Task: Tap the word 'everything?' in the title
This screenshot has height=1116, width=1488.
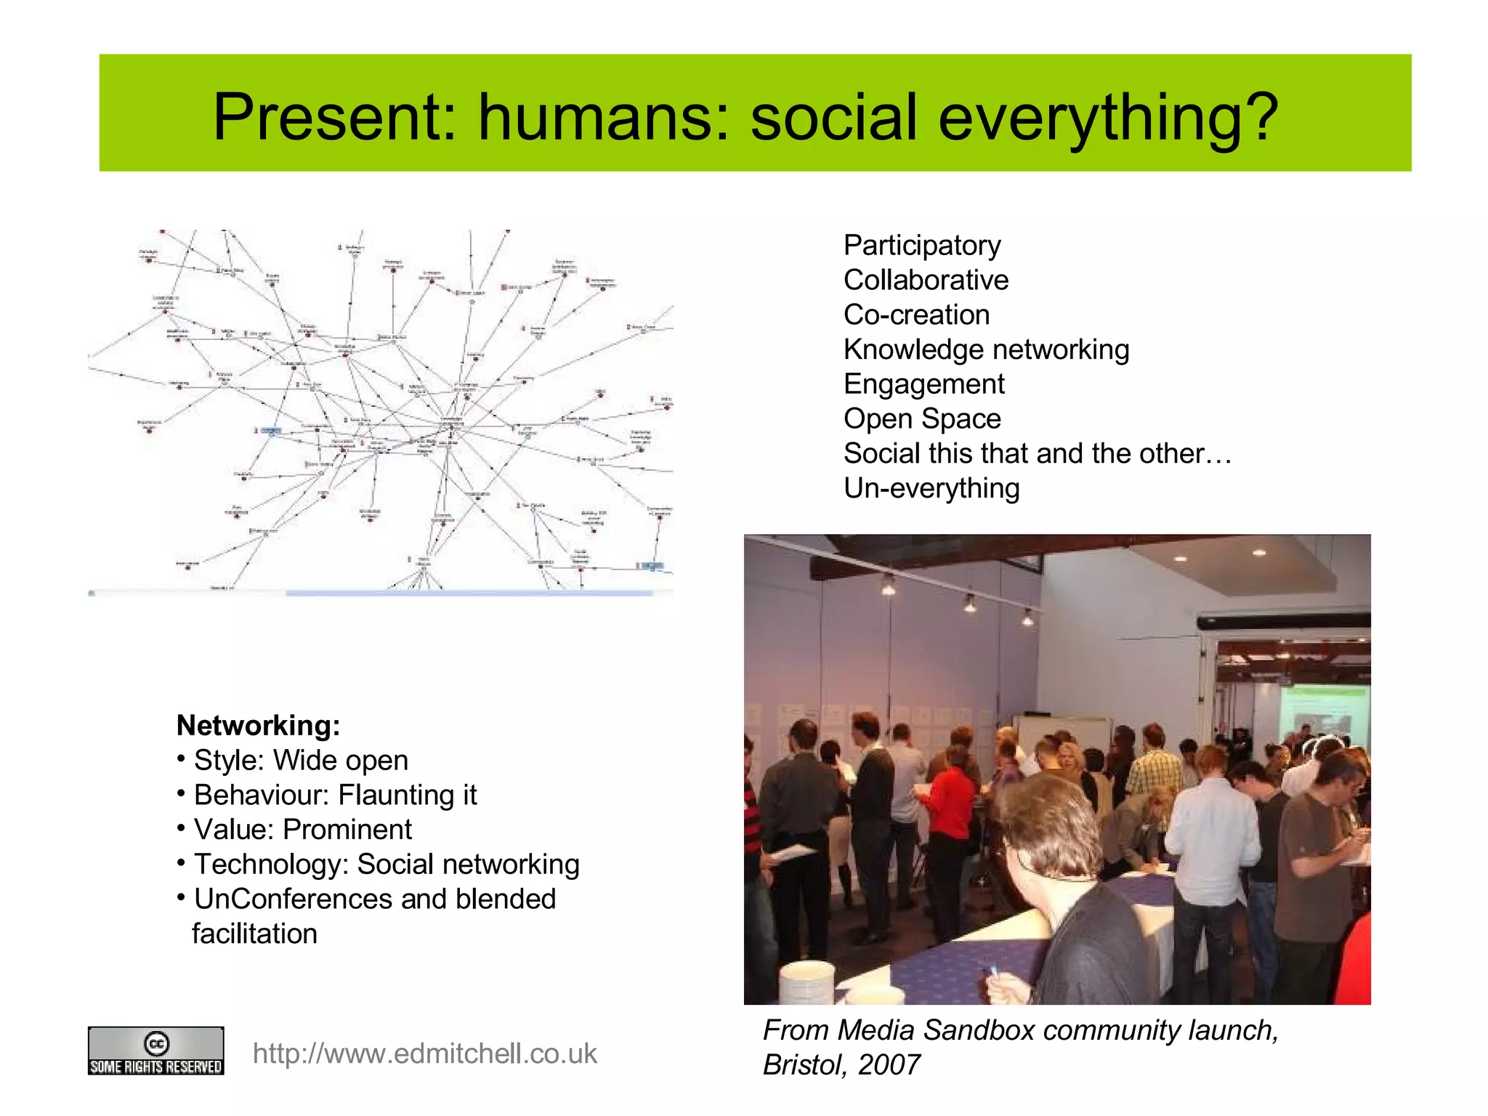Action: [x=1107, y=118]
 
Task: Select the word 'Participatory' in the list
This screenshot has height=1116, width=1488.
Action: [x=922, y=246]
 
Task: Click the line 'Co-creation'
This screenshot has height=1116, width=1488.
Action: [x=916, y=315]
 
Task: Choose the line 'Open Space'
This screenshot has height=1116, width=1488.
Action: [x=922, y=418]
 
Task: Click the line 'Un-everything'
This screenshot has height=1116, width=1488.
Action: [x=931, y=488]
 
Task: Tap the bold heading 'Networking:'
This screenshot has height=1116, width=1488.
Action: [x=258, y=725]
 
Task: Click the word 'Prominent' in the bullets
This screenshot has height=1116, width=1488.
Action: [x=347, y=829]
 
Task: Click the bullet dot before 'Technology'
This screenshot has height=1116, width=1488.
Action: [x=181, y=862]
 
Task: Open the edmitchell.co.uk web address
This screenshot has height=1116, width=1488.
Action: [x=424, y=1054]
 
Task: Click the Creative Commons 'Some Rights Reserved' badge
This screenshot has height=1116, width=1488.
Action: [x=155, y=1051]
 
